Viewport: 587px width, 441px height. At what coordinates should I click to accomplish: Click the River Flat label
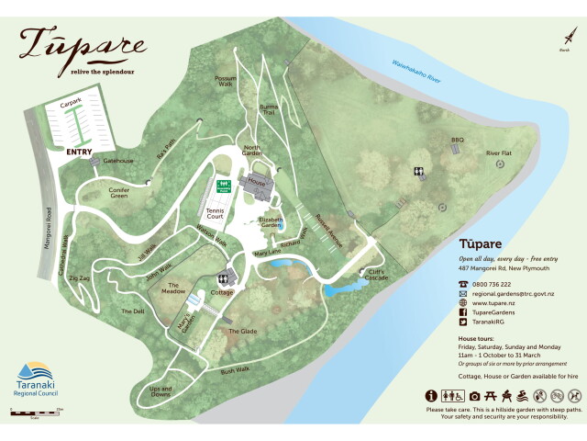498,153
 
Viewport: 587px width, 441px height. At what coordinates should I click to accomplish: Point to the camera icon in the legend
475,395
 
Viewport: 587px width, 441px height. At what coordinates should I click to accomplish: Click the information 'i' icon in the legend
430,395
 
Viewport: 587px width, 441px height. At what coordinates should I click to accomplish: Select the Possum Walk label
225,82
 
